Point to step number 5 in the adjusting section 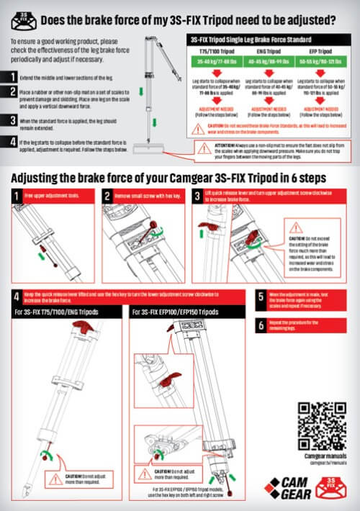(261, 296)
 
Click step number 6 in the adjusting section (261, 323)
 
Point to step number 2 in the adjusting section (107, 195)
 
